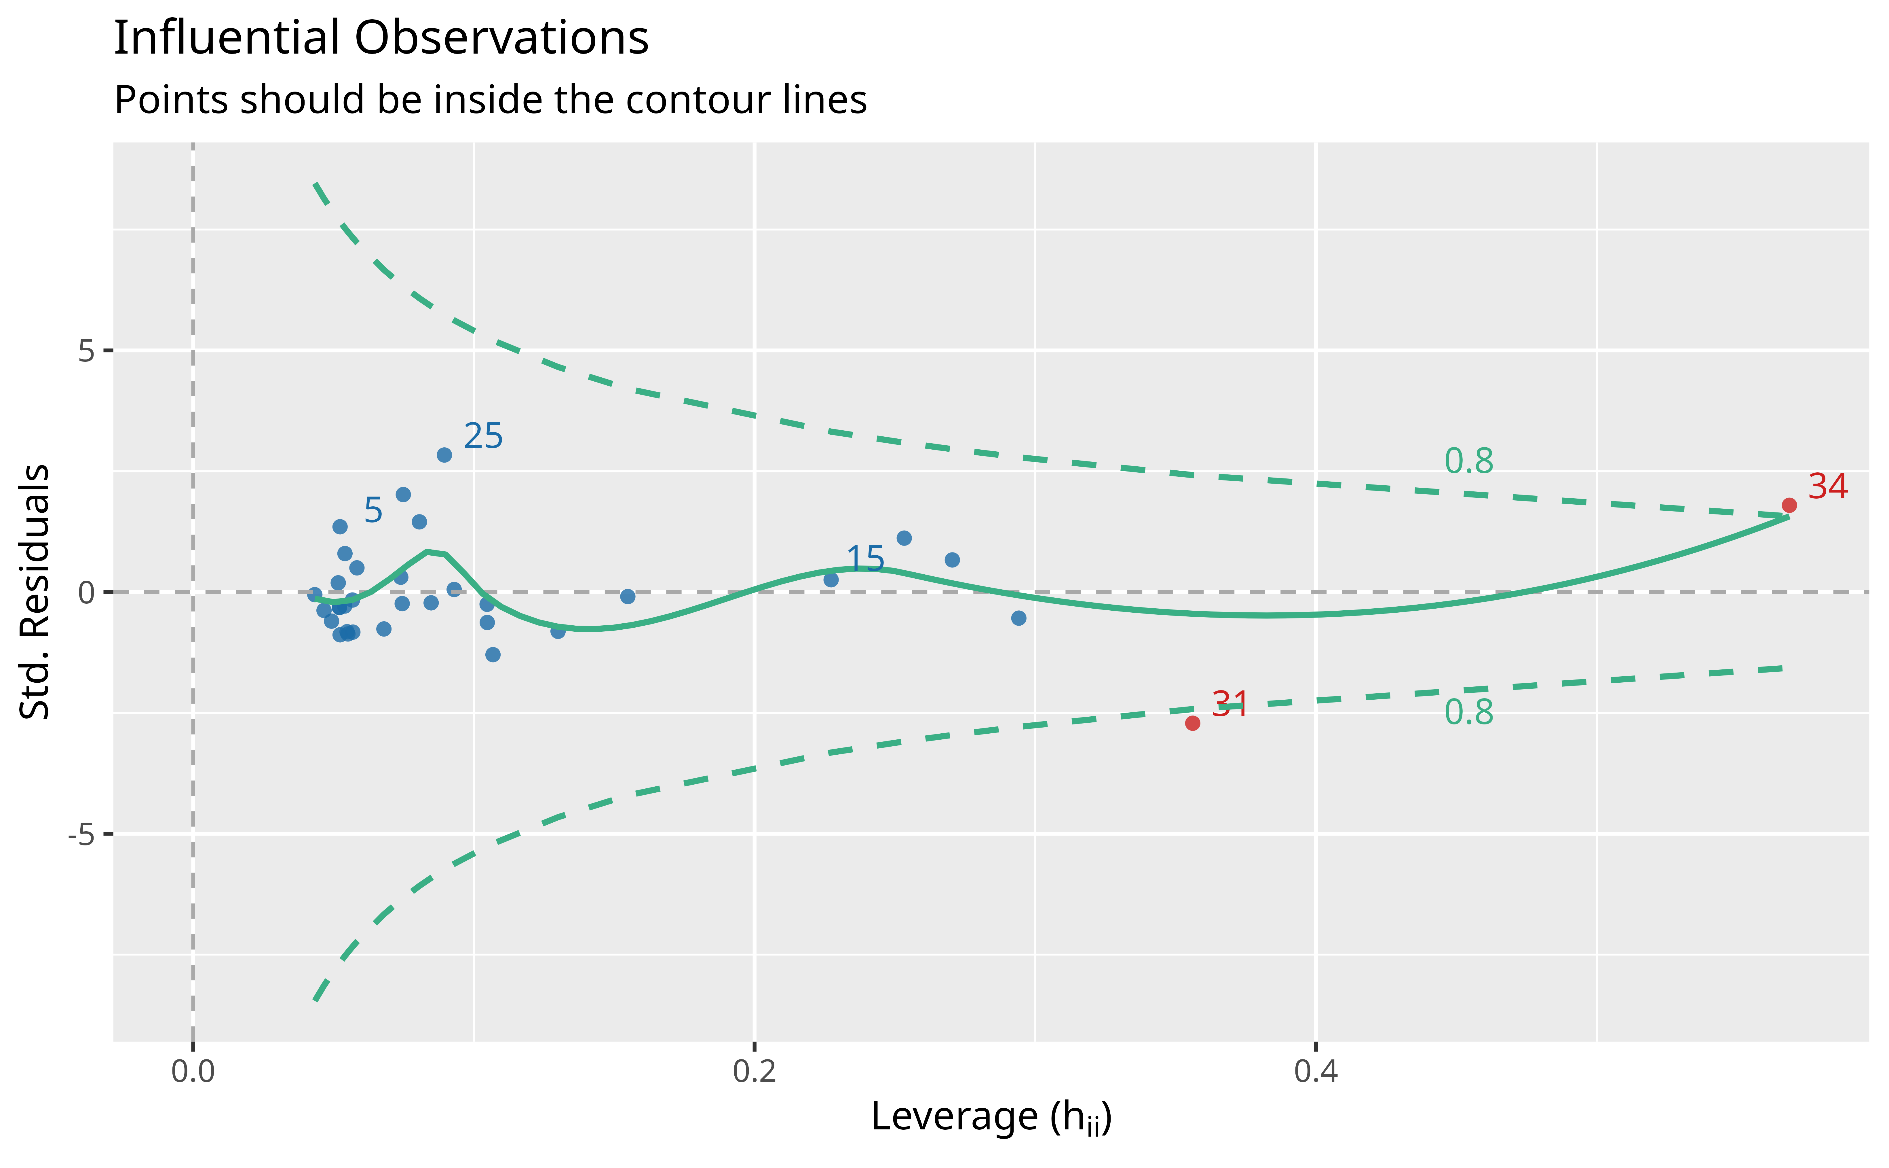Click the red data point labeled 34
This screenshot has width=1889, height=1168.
1789,505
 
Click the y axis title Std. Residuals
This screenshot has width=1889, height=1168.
35,592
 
